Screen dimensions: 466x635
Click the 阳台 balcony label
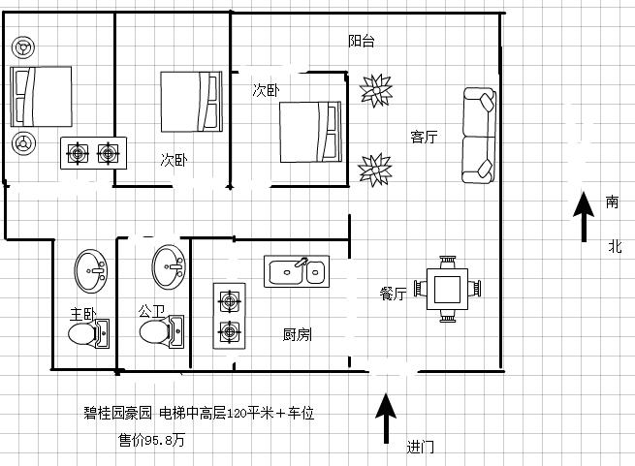362,42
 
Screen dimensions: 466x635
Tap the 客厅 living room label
424,138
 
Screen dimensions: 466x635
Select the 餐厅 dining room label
393,293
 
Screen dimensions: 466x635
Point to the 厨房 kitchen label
297,335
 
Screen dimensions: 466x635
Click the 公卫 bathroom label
152,312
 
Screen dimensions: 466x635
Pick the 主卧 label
83,314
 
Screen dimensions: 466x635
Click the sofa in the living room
478,135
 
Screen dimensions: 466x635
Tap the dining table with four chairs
448,289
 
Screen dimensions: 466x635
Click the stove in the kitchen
229,315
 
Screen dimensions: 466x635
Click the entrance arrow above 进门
386,417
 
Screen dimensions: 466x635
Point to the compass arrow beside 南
584,217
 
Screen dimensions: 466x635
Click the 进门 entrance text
421,448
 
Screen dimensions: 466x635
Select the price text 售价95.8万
151,439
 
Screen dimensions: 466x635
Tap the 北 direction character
614,246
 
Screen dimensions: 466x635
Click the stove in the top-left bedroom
93,153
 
